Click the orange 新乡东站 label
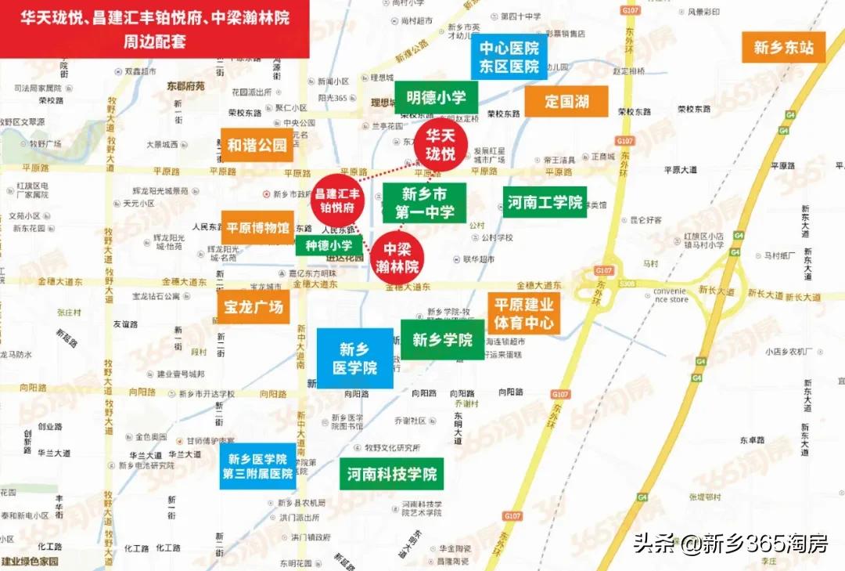pyautogui.click(x=784, y=48)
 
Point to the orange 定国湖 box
pyautogui.click(x=566, y=101)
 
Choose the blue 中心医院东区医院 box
pyautogui.click(x=509, y=57)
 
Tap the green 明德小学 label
pyautogui.click(x=436, y=98)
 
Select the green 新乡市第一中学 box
pyautogui.click(x=424, y=203)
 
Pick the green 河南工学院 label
pyautogui.click(x=545, y=203)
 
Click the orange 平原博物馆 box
pyautogui.click(x=257, y=228)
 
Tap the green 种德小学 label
pyautogui.click(x=329, y=245)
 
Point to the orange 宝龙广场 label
pyautogui.click(x=253, y=307)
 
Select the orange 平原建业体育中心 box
pyautogui.click(x=523, y=313)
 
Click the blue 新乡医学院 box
pyautogui.click(x=354, y=358)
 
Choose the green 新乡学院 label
pyautogui.click(x=442, y=340)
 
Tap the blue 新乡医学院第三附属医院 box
pyautogui.click(x=257, y=466)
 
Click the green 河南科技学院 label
pyautogui.click(x=392, y=474)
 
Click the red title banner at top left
pyautogui.click(x=155, y=28)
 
